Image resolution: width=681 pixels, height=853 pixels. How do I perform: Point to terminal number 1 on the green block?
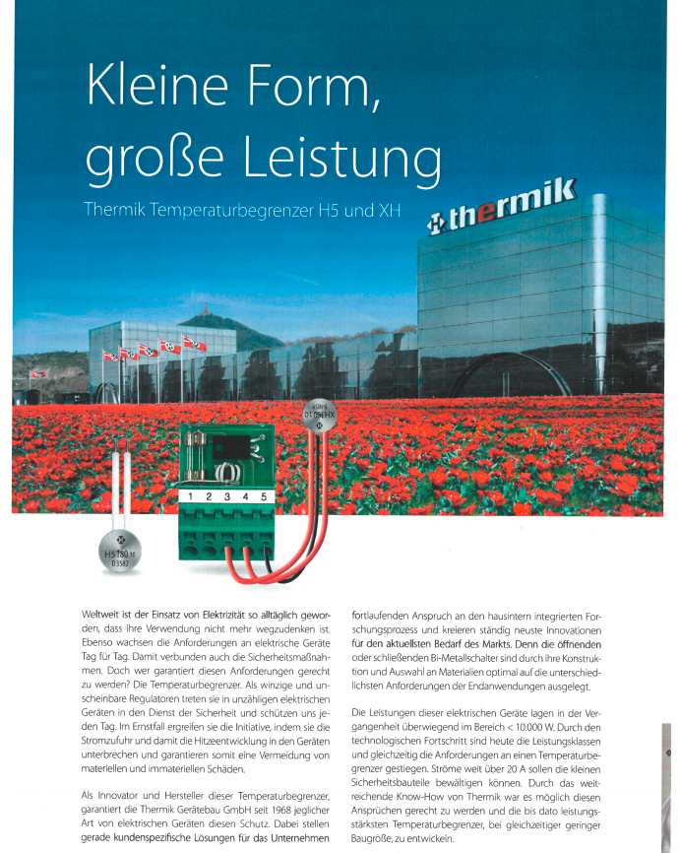pyautogui.click(x=191, y=497)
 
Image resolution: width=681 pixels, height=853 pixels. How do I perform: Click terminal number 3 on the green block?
pyautogui.click(x=226, y=497)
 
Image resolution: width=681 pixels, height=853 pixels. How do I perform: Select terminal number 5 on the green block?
pyautogui.click(x=263, y=497)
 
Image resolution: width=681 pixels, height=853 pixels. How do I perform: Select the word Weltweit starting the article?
pyautogui.click(x=104, y=614)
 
